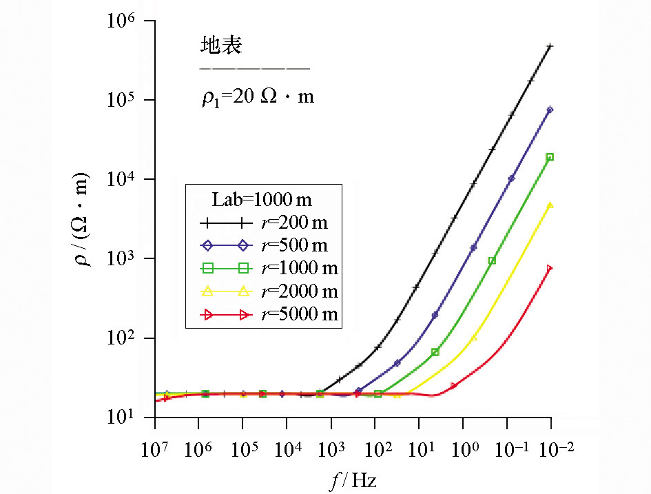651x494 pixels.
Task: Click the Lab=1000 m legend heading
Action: (261, 200)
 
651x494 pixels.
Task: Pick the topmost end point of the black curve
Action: (550, 46)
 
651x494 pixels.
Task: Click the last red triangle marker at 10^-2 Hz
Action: (550, 268)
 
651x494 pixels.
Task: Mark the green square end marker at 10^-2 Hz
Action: (550, 157)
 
